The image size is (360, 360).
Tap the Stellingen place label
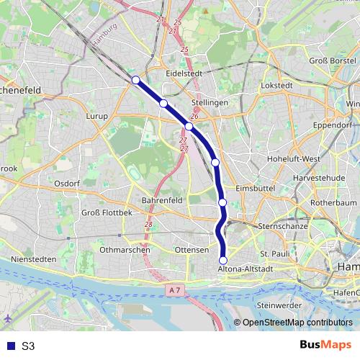(x=210, y=103)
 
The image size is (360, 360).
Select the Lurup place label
(x=96, y=115)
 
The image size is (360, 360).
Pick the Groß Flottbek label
(x=107, y=213)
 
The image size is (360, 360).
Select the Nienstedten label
(x=34, y=258)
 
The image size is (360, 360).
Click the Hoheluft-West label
(x=293, y=158)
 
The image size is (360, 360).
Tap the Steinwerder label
(x=278, y=305)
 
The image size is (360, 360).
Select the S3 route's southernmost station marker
(x=223, y=260)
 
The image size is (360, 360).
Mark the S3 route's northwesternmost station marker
(x=135, y=79)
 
